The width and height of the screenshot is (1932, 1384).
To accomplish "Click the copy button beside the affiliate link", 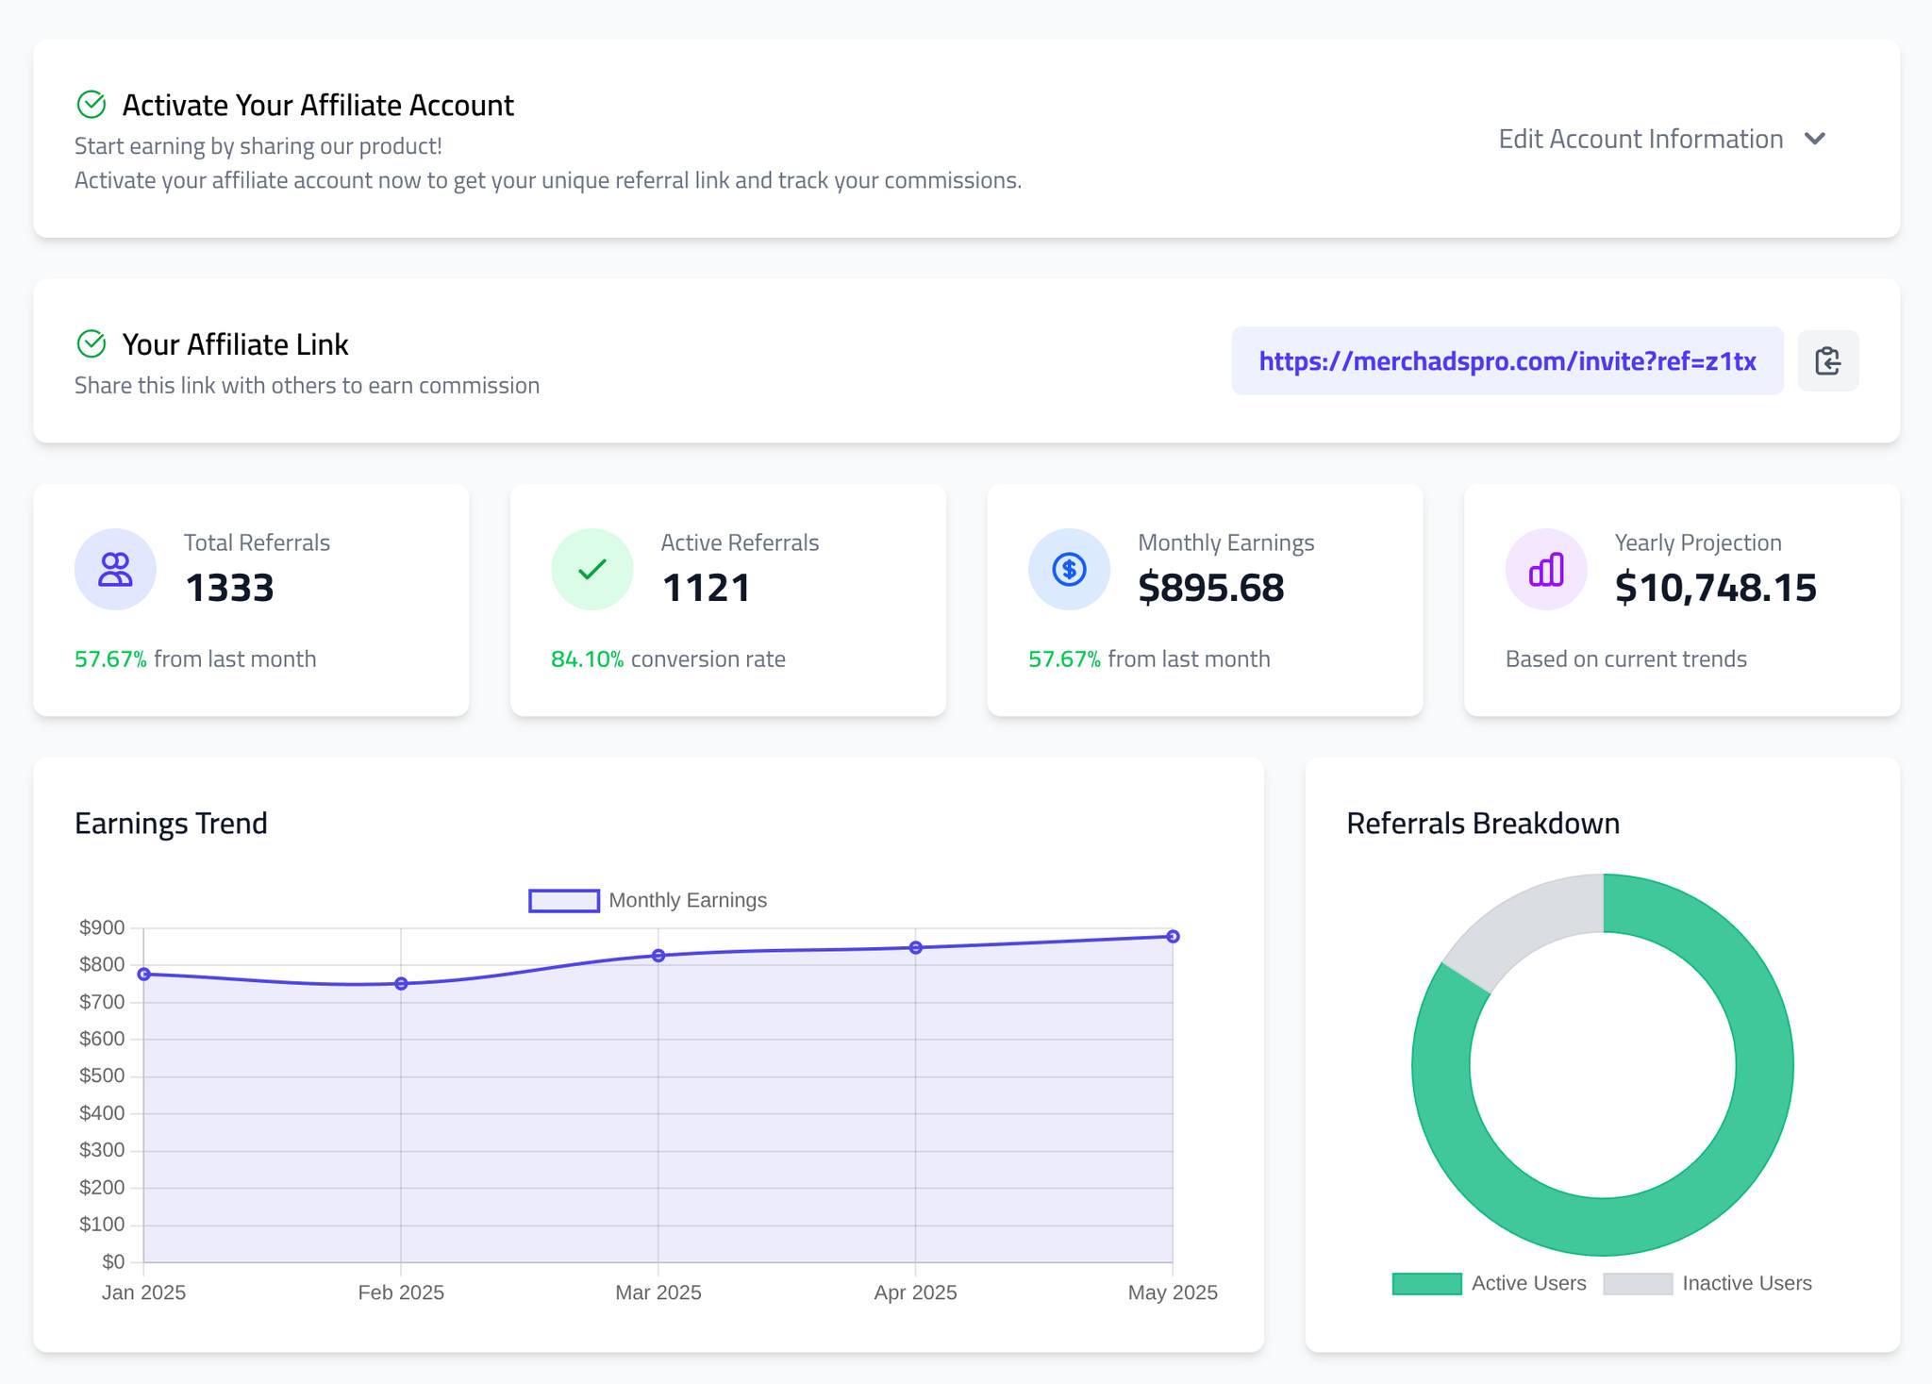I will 1827,361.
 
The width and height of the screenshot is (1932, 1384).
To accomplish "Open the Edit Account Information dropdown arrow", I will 1814,140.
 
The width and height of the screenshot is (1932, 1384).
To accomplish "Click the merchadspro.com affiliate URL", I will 1507,361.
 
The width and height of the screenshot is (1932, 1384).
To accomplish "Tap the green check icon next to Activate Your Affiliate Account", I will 92,105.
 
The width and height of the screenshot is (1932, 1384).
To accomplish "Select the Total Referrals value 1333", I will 229,588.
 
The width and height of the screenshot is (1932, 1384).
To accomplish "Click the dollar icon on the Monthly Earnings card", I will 1069,569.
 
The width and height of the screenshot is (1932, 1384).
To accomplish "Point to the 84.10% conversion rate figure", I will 587,659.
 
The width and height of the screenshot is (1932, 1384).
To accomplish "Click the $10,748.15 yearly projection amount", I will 1715,588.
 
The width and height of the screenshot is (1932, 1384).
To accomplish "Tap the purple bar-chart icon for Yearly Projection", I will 1546,569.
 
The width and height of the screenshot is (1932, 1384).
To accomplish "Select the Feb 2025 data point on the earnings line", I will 401,984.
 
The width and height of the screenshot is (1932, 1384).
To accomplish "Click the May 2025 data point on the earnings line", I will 1173,937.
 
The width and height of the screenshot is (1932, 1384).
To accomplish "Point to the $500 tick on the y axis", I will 102,1076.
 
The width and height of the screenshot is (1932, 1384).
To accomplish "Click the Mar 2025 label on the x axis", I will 658,1292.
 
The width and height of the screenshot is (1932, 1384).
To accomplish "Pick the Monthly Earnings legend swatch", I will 564,901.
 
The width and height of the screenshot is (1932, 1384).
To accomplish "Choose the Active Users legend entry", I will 1491,1284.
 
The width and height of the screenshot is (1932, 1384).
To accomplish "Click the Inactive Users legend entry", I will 1707,1284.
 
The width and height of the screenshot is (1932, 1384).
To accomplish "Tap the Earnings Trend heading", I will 171,824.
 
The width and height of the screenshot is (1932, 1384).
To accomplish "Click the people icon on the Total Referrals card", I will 115,569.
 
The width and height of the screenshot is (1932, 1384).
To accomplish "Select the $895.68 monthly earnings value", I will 1210,588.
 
